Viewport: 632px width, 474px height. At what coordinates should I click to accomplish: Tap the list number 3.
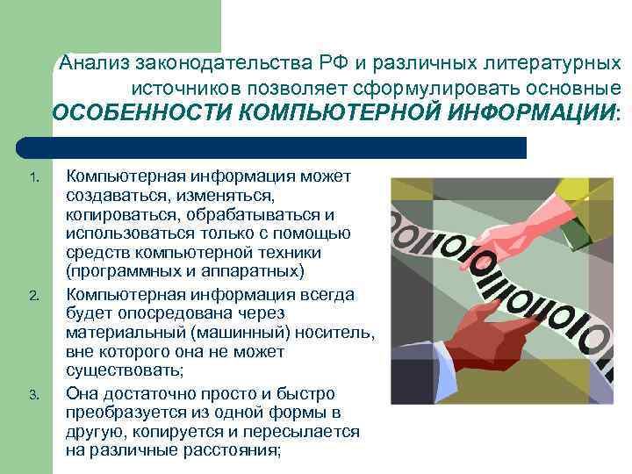(x=34, y=394)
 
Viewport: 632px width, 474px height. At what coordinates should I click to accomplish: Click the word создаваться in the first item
(x=110, y=197)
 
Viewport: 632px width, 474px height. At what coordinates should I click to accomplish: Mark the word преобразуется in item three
(x=119, y=413)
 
